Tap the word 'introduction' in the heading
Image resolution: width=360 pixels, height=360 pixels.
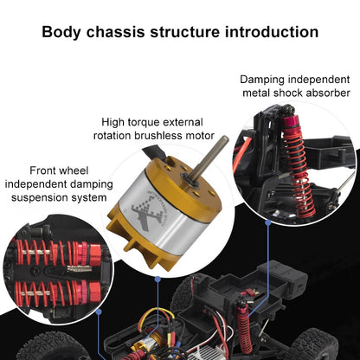click(x=273, y=33)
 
